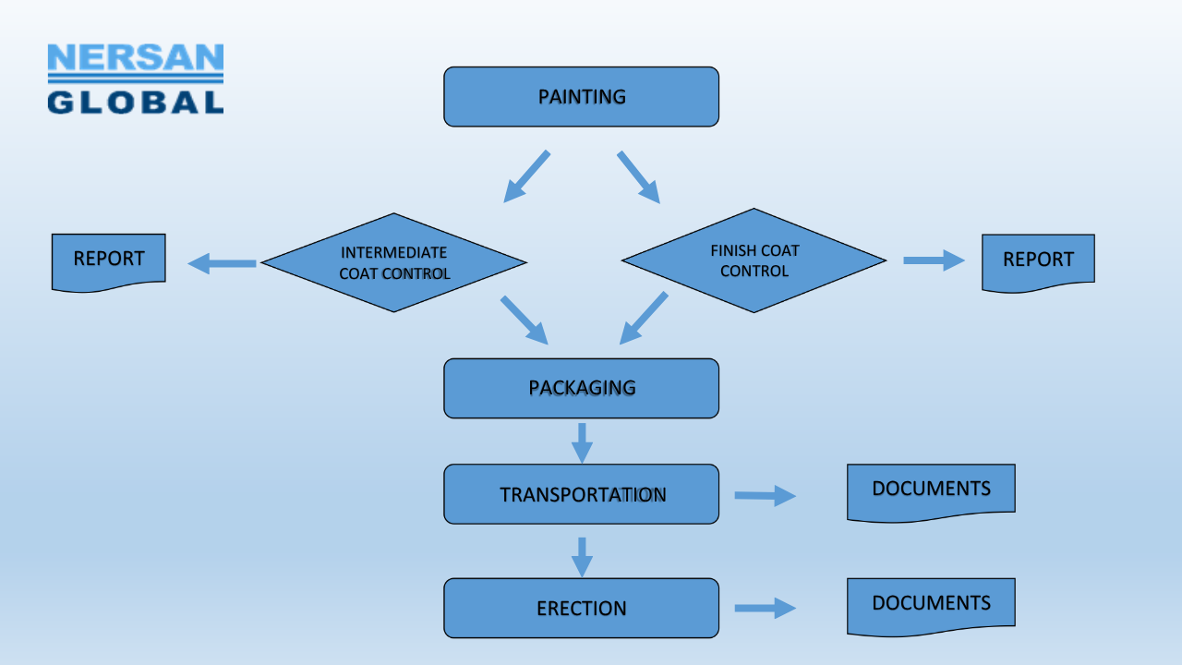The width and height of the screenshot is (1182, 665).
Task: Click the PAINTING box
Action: (581, 97)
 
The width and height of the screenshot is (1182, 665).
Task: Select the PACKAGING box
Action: (581, 388)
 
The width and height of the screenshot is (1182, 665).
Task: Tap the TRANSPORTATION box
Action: (581, 494)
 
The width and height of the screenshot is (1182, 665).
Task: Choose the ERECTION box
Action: (581, 609)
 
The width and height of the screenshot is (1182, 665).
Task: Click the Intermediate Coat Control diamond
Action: (394, 262)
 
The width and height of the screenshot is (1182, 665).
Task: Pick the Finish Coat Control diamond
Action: (754, 260)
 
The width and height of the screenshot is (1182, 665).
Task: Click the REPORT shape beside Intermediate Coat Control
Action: (108, 261)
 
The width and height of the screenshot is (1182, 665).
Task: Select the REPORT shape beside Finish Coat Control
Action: (1038, 262)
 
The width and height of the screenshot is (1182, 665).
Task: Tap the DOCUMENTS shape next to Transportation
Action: (931, 491)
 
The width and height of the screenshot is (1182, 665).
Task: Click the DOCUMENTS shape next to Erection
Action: (931, 606)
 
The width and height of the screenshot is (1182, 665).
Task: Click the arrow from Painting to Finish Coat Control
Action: (638, 176)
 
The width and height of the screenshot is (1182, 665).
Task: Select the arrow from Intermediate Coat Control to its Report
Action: (223, 264)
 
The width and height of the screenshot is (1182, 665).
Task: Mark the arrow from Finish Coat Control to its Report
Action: (934, 260)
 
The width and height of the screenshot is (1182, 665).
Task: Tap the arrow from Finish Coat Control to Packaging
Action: (644, 318)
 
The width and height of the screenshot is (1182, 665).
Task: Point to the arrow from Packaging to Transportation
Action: (581, 442)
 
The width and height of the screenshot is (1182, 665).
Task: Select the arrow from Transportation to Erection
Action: (581, 556)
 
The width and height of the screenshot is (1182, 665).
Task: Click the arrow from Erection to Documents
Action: (765, 608)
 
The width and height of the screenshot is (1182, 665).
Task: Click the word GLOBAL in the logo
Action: (135, 102)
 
